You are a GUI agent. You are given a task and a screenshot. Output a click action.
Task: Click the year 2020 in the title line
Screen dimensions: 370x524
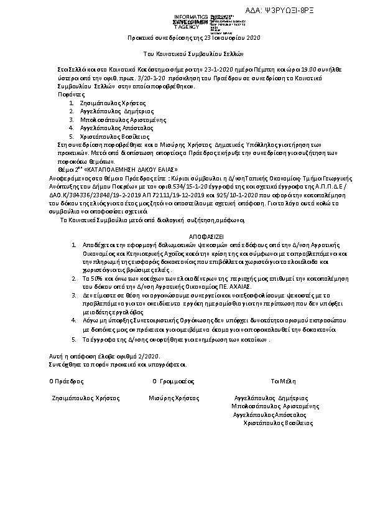tap(252, 39)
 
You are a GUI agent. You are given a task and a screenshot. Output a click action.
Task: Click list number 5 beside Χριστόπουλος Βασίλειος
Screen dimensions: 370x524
tap(72, 136)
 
